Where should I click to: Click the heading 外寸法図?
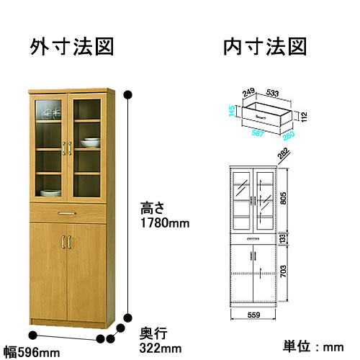click(72, 47)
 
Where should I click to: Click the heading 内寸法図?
click(265, 47)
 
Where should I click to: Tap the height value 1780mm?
click(165, 223)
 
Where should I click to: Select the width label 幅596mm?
click(32, 353)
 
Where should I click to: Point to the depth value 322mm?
click(161, 348)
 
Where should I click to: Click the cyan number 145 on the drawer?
click(232, 111)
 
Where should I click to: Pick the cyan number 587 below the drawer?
click(258, 133)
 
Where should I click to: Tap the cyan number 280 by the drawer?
click(289, 136)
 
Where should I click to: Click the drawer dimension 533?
click(272, 93)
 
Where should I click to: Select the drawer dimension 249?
click(248, 92)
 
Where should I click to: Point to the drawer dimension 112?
click(304, 117)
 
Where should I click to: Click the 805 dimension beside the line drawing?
click(283, 198)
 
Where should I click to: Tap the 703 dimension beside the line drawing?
click(283, 271)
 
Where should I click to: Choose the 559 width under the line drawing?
click(253, 315)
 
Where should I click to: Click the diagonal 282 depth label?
click(284, 153)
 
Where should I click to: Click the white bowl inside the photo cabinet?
click(90, 143)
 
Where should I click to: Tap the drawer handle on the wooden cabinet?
click(67, 213)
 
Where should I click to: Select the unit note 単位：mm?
click(313, 347)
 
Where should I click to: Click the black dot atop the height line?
click(128, 95)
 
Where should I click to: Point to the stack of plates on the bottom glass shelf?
click(50, 193)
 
